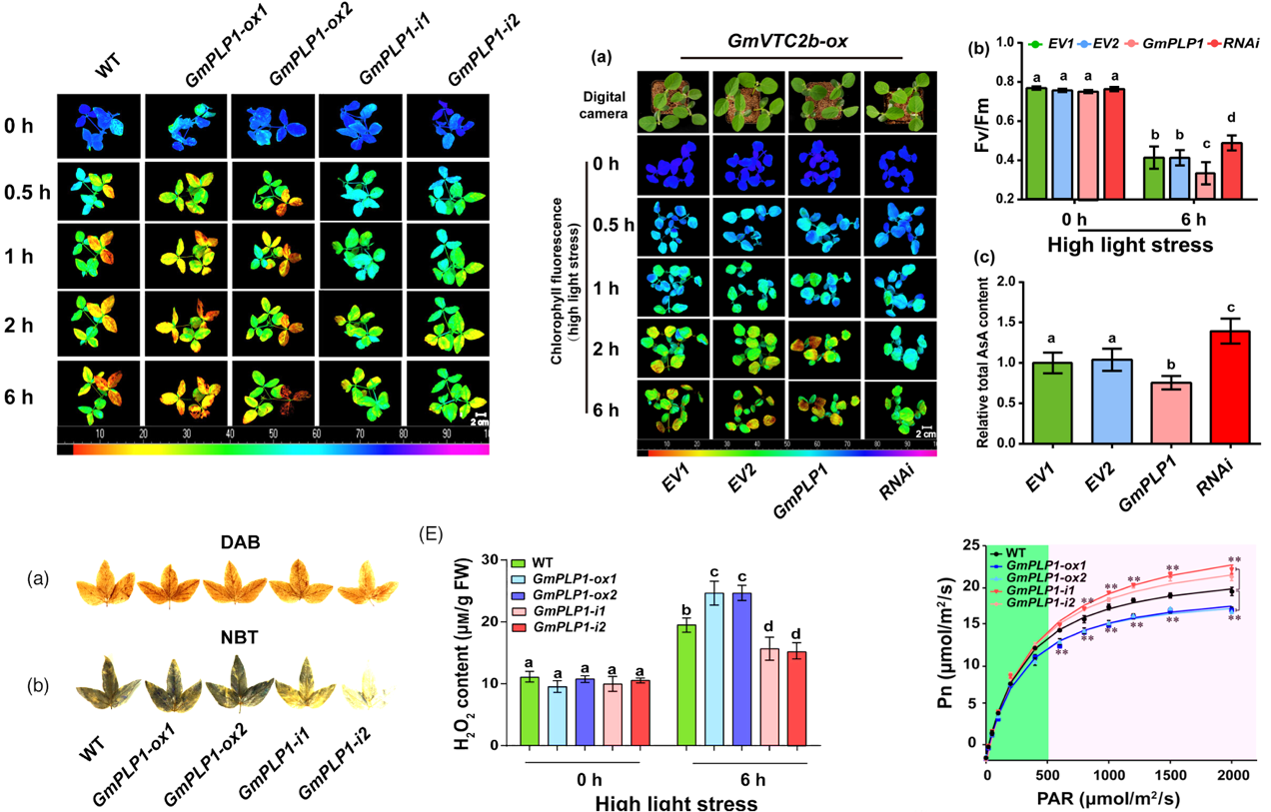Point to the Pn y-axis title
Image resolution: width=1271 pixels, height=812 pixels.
[942, 659]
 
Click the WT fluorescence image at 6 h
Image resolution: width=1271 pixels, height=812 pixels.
[98, 397]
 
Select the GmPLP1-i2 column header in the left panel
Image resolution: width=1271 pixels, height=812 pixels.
[474, 62]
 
